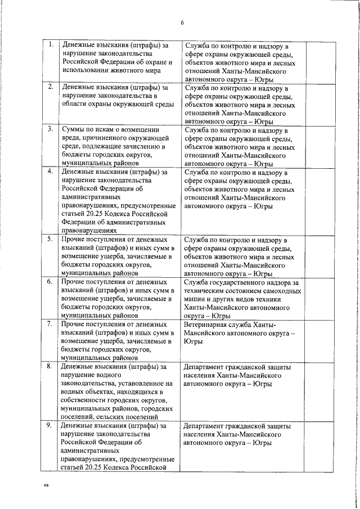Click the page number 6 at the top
point(182,22)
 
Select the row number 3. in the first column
point(51,128)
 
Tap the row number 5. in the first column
point(51,238)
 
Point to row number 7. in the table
point(51,324)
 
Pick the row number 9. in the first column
point(51,426)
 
